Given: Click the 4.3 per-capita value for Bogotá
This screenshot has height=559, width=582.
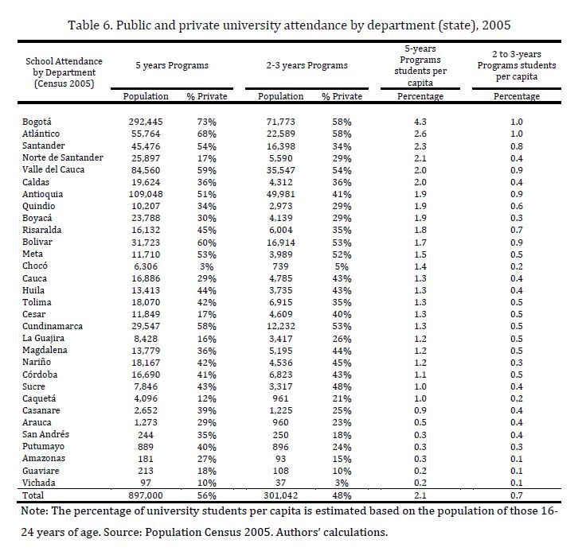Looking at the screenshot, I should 420,122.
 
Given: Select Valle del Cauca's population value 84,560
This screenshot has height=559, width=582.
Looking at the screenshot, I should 148,169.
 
